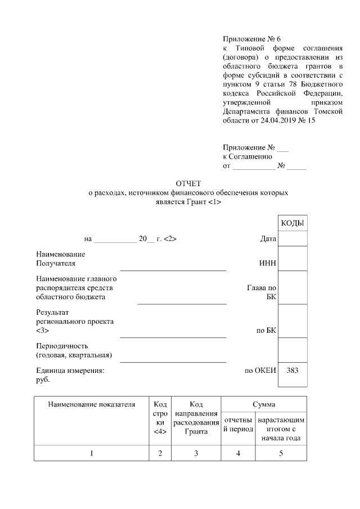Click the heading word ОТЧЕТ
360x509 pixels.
coord(188,183)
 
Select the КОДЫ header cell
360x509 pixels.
coord(292,223)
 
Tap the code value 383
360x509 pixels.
coord(292,371)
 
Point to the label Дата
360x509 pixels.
coord(268,239)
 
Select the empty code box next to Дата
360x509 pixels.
coord(292,239)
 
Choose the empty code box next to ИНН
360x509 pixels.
coord(292,259)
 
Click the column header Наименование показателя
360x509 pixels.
coord(92,404)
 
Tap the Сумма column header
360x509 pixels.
coord(263,404)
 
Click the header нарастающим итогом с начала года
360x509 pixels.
coord(281,429)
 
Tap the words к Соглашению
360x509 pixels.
coord(247,157)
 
